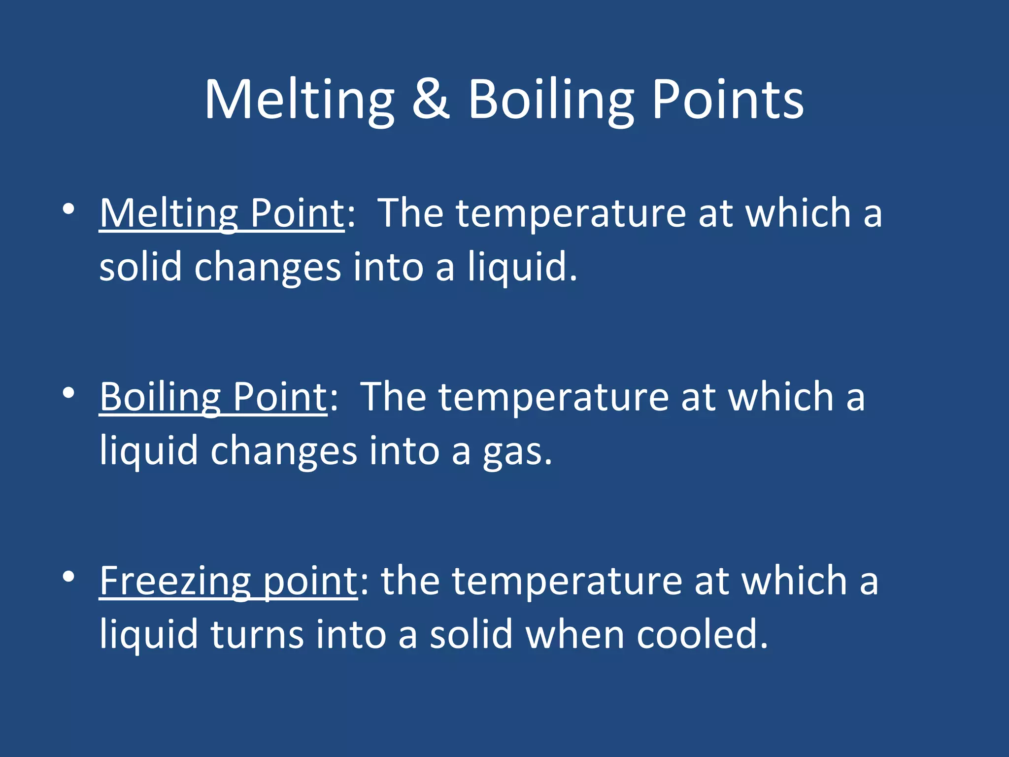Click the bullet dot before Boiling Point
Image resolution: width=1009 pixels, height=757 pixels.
pyautogui.click(x=68, y=393)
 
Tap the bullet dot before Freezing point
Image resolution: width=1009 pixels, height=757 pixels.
pyautogui.click(x=68, y=576)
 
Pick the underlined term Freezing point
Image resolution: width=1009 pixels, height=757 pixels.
pyautogui.click(x=229, y=581)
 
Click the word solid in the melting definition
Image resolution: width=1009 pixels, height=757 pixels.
pyautogui.click(x=140, y=267)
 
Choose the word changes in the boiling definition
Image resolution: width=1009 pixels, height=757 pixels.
pyautogui.click(x=283, y=451)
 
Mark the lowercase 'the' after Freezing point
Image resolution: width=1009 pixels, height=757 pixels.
pyautogui.click(x=410, y=581)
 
